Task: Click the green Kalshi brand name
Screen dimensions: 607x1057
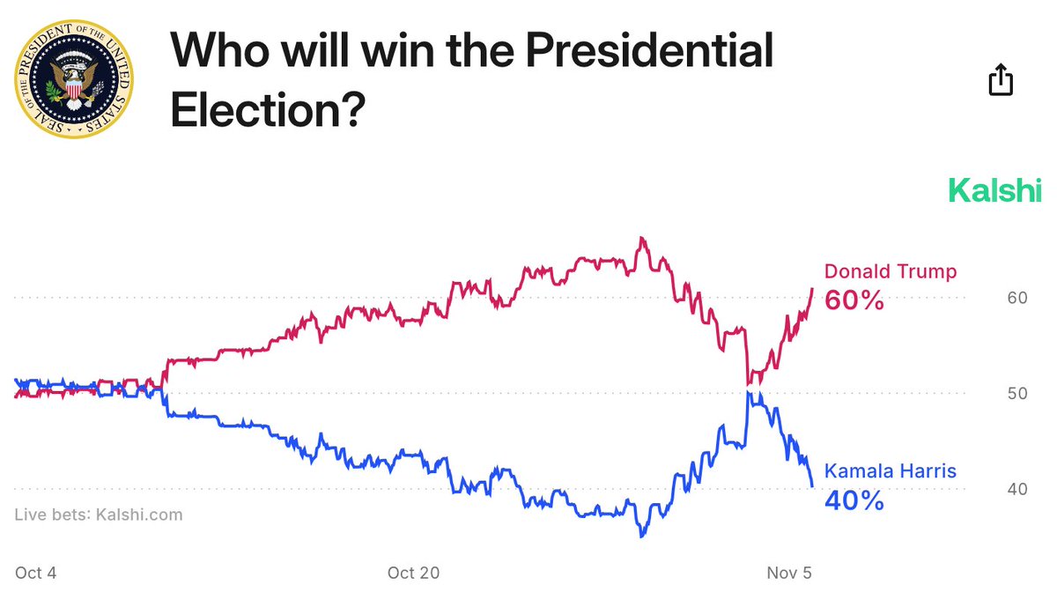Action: coord(994,190)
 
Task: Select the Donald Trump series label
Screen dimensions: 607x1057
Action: coord(890,271)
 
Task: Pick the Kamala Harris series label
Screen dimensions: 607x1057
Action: coord(890,471)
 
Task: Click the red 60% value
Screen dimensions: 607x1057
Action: coord(854,300)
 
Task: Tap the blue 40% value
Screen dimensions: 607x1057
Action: coord(854,500)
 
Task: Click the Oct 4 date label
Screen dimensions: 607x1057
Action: coord(36,573)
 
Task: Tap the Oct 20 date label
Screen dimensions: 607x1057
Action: coord(413,573)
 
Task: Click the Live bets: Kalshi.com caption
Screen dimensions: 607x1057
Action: coord(99,514)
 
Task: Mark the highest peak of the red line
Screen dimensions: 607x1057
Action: coord(641,238)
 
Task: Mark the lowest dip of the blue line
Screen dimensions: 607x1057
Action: coord(641,536)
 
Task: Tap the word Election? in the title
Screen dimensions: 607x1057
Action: coord(267,111)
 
